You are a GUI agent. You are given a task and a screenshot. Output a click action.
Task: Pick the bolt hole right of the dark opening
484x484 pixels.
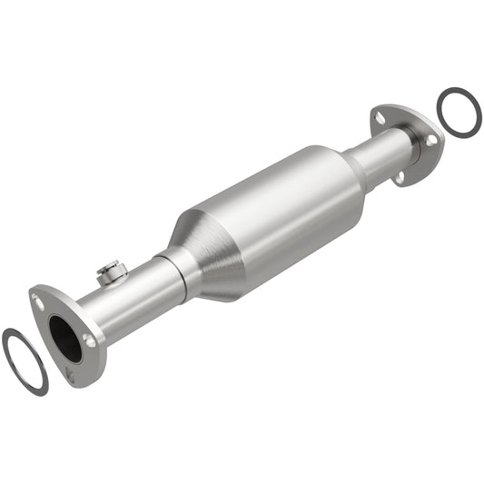pyautogui.click(x=89, y=341)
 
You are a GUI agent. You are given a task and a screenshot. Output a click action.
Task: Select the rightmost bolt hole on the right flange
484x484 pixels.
pyautogui.click(x=432, y=139)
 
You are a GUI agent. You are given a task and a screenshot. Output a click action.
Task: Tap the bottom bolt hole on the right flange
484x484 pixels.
pyautogui.click(x=400, y=176)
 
